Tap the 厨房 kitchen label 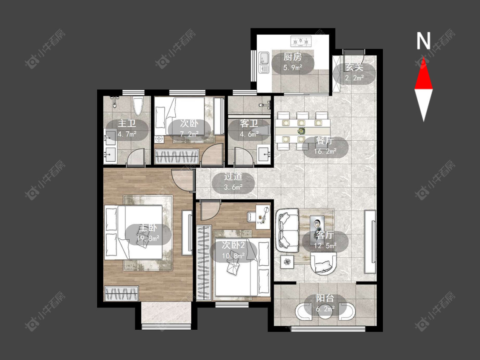click(x=292, y=57)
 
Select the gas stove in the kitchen click(x=301, y=41)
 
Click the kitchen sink click(x=264, y=62)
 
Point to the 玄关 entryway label click(x=354, y=67)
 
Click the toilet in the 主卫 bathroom click(x=138, y=106)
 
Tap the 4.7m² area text click(x=127, y=134)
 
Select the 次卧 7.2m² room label click(x=189, y=128)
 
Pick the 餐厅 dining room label click(x=325, y=141)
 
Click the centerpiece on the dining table click(x=302, y=131)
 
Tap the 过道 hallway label click(x=233, y=177)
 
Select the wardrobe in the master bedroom click(x=122, y=293)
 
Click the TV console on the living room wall click(x=370, y=241)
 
